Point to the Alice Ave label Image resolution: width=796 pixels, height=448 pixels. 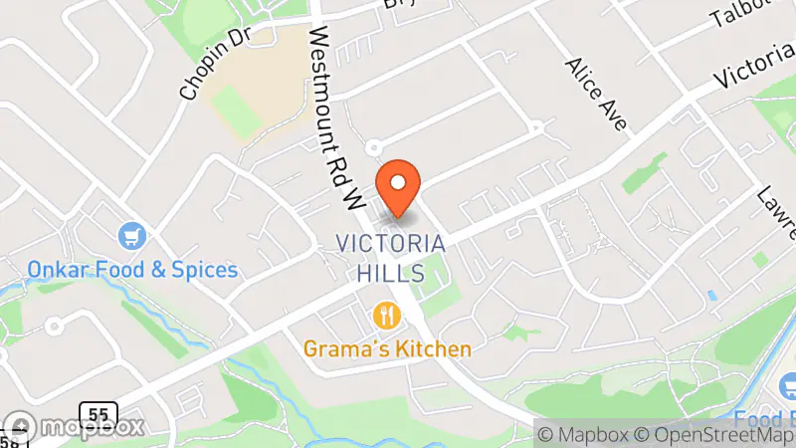pos(597,94)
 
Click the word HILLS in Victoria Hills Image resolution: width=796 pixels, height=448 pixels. pos(390,272)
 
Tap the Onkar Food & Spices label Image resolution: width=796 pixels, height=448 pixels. pos(132,270)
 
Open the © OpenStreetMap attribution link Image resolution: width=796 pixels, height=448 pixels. pos(712,434)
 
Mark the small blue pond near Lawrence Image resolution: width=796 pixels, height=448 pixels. pos(710,296)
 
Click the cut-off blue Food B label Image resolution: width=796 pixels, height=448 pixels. pos(766,416)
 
